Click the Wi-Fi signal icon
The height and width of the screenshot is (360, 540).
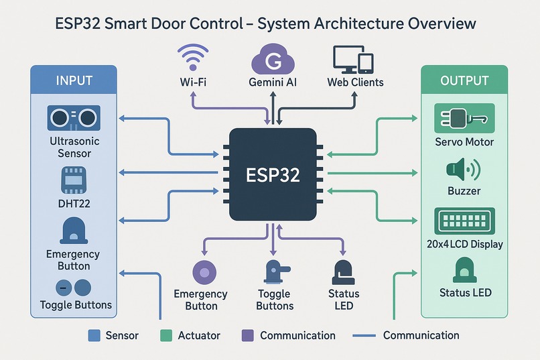click(192, 58)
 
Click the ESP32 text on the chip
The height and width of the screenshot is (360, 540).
click(273, 175)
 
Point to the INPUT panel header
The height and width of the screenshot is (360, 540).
click(74, 80)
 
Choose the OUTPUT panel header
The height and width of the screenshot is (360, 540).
click(464, 80)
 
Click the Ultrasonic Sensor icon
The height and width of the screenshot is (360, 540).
click(74, 119)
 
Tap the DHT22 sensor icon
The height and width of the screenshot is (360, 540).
click(74, 180)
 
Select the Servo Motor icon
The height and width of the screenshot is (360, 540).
click(464, 119)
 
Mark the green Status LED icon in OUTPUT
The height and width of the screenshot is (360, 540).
click(464, 270)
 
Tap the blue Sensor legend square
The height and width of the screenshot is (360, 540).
click(94, 335)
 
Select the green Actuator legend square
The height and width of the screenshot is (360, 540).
click(166, 335)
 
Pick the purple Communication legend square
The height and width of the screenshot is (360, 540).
click(247, 335)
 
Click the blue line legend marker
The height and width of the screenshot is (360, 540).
click(362, 335)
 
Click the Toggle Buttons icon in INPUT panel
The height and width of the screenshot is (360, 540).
click(74, 288)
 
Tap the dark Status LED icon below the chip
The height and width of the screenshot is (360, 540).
click(343, 274)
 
